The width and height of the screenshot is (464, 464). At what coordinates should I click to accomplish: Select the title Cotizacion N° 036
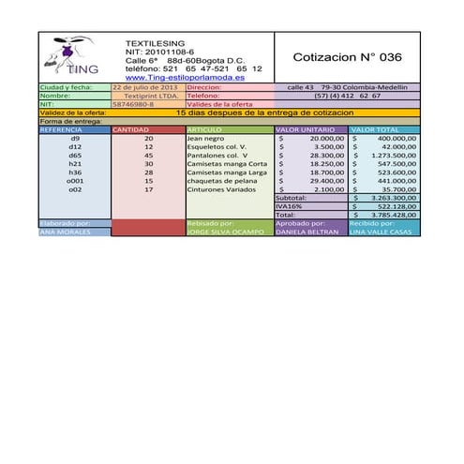[x=347, y=57]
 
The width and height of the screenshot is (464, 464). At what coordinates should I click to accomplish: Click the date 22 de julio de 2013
[x=144, y=87]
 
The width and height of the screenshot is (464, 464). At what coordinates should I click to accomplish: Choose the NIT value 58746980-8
[x=133, y=104]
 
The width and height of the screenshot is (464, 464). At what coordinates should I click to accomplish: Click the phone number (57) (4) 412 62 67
[x=347, y=96]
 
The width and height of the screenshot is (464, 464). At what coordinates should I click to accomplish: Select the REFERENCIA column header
[x=62, y=129]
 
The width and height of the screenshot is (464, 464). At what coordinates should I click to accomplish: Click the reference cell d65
[x=75, y=156]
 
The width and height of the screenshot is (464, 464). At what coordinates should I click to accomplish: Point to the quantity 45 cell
[x=148, y=156]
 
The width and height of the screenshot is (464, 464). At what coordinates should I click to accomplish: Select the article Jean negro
[x=205, y=138]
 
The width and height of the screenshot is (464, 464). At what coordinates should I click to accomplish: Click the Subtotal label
[x=291, y=198]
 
